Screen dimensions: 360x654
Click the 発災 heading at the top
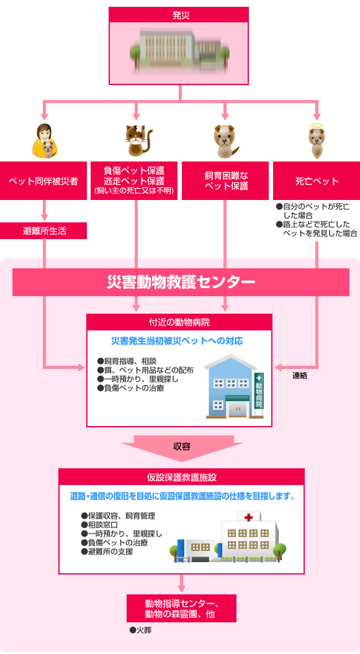tap(181, 16)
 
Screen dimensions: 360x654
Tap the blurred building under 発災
tap(179, 50)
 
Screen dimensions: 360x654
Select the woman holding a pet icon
tap(45, 141)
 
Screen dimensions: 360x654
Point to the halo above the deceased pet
tap(317, 126)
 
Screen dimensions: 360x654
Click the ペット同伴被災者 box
tap(43, 181)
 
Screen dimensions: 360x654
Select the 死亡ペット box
tap(317, 181)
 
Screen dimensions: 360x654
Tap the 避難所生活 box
tap(43, 230)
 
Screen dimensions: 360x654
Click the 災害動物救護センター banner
tap(181, 282)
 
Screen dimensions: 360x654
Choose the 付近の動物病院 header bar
tap(179, 322)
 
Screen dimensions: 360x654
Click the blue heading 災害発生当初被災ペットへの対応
tap(177, 341)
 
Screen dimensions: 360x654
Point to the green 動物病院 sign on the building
tap(259, 391)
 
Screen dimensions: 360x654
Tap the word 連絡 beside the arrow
tap(300, 375)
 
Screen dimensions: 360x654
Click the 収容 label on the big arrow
tap(182, 447)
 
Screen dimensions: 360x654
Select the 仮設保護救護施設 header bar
tap(181, 477)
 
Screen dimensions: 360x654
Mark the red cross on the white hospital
tap(249, 517)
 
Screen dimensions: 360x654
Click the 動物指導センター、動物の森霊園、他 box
tap(181, 609)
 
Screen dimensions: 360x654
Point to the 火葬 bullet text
tap(140, 630)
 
